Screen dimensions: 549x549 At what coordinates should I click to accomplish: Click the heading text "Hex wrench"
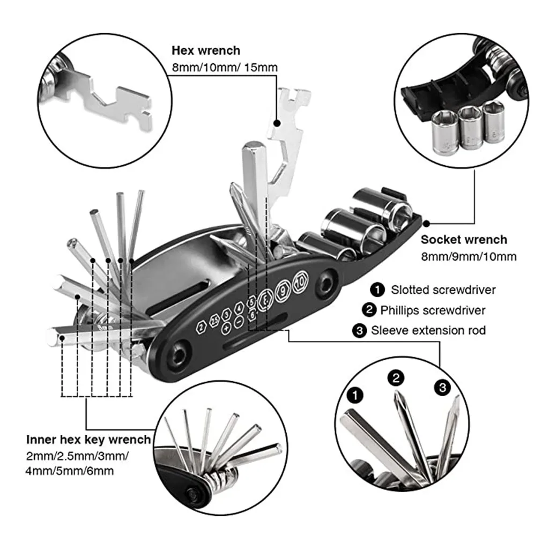[206, 51]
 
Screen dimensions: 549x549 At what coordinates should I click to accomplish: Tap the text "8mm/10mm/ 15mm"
[225, 68]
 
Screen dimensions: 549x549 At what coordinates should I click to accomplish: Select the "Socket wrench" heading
[464, 240]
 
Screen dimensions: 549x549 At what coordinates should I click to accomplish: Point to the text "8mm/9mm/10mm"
[469, 257]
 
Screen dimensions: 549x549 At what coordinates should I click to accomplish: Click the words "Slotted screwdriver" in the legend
[443, 290]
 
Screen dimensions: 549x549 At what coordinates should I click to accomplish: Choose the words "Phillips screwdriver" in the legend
[433, 310]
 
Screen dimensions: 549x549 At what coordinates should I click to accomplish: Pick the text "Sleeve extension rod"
[428, 330]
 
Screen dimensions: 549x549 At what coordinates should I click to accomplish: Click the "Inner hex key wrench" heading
[88, 440]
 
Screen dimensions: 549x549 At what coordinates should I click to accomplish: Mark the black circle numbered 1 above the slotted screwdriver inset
[354, 396]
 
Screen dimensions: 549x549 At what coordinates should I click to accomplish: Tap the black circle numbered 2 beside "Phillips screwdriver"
[370, 310]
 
